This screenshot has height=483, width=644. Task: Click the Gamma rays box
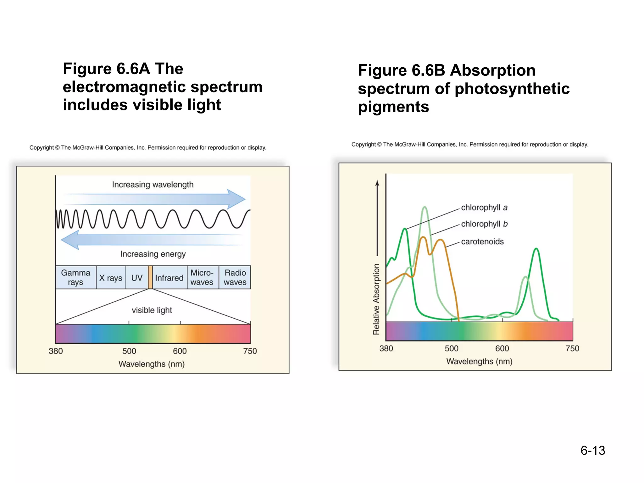75,277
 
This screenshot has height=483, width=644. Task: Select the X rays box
111,278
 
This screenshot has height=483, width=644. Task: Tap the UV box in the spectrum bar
137,278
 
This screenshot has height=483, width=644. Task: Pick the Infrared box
169,278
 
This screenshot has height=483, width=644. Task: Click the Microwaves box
202,277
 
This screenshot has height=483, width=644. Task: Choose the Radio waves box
235,277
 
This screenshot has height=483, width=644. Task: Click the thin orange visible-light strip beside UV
150,277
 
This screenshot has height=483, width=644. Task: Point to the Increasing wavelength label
153,185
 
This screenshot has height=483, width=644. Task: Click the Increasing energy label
153,254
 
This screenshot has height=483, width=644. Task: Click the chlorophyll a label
484,208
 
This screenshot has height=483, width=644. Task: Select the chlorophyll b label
484,224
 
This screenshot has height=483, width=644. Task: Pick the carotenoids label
482,241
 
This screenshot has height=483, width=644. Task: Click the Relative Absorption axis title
376,299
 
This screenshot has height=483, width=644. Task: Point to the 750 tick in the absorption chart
572,348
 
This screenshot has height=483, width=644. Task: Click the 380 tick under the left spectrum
56,351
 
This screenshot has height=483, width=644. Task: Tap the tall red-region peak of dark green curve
536,249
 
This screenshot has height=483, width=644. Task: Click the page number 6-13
592,450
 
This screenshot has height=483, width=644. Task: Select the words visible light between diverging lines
152,310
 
